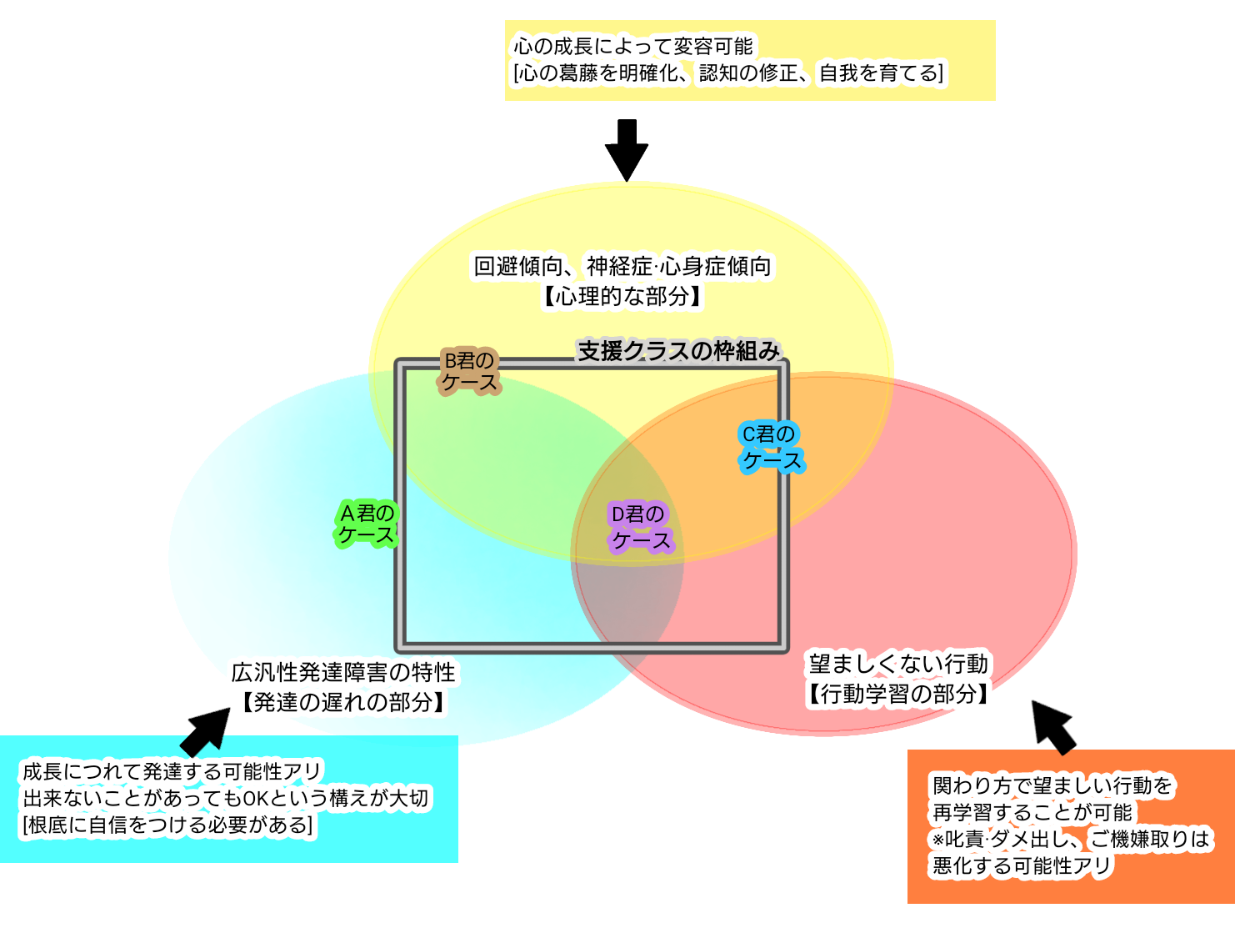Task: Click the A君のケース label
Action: click(367, 524)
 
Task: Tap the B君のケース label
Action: click(469, 372)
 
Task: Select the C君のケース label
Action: click(771, 448)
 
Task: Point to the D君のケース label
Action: click(640, 528)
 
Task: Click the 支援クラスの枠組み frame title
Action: click(678, 351)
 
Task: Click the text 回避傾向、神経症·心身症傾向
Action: click(622, 266)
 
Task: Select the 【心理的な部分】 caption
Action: click(622, 296)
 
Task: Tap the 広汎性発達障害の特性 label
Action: click(343, 672)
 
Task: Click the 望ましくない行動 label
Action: click(898, 664)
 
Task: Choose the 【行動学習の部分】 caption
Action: click(898, 694)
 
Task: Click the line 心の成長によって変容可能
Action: click(633, 46)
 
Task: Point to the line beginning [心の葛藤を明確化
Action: click(728, 73)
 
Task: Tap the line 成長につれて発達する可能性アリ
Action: click(172, 771)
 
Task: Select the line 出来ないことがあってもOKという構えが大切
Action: click(225, 798)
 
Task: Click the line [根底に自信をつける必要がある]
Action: click(167, 825)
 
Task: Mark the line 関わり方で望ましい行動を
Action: click(1052, 785)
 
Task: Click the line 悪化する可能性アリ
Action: click(1022, 866)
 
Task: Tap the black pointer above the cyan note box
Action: click(201, 743)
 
